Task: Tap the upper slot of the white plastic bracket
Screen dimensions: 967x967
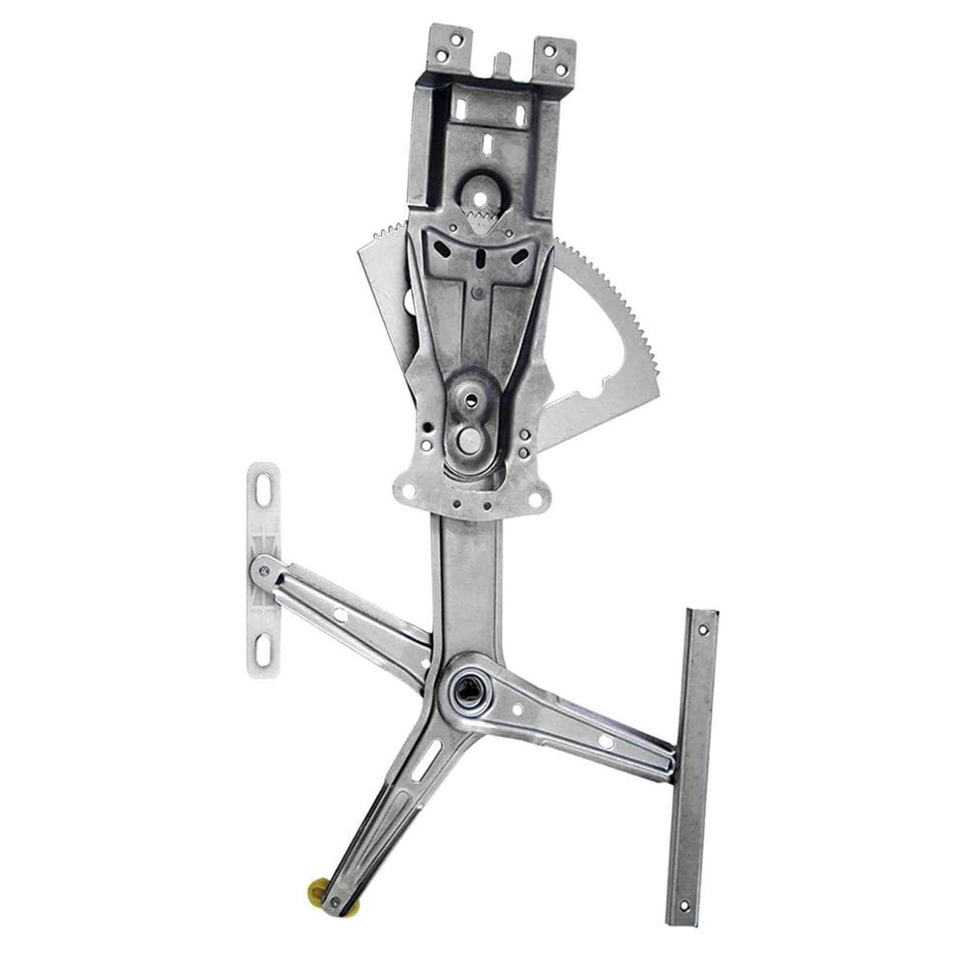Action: click(263, 490)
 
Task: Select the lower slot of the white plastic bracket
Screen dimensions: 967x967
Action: click(263, 646)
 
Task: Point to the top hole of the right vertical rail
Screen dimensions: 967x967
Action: click(703, 630)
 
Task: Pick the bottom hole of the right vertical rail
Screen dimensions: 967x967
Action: click(685, 906)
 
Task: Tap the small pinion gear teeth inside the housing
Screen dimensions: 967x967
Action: click(483, 220)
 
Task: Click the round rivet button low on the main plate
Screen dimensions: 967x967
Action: click(470, 440)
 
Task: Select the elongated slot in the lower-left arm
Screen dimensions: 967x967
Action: click(425, 760)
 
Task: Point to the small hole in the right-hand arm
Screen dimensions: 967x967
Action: click(605, 741)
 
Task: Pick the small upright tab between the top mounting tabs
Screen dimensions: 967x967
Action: click(502, 65)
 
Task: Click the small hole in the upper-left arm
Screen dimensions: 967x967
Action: click(340, 614)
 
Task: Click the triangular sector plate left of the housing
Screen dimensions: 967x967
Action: click(387, 280)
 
